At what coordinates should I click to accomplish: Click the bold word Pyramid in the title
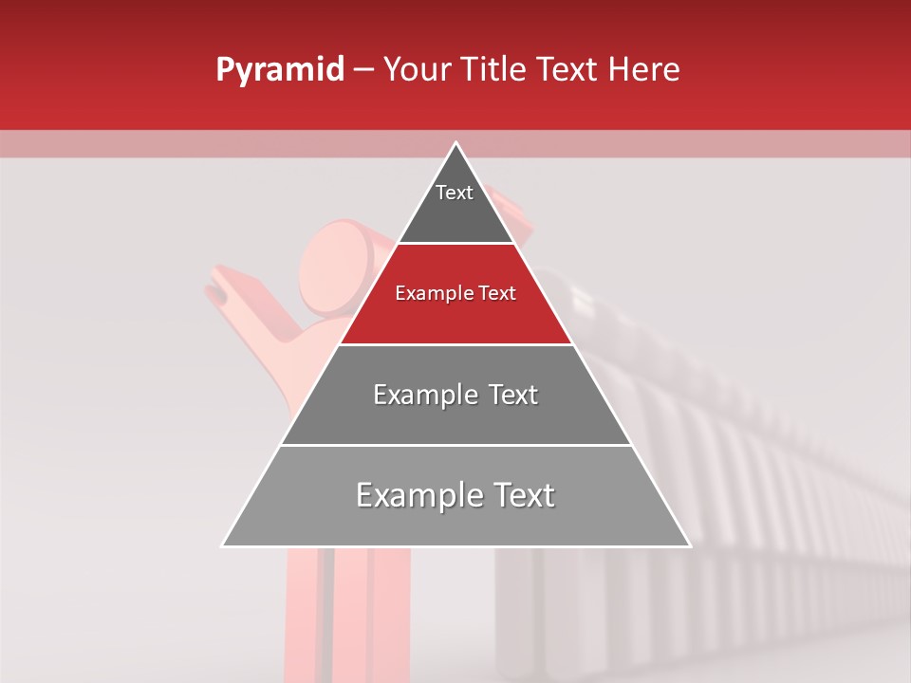click(x=279, y=70)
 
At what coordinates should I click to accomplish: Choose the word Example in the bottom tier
click(x=413, y=495)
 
